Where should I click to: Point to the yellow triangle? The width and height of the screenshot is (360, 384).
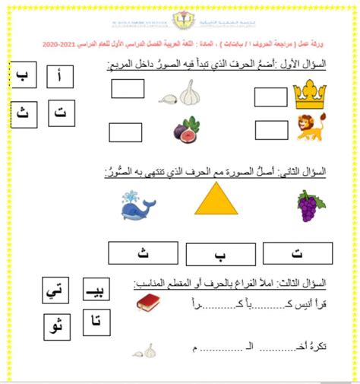(x=216, y=204)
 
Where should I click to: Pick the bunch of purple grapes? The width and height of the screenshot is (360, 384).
(x=307, y=205)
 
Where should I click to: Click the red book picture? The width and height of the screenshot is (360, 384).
(x=148, y=304)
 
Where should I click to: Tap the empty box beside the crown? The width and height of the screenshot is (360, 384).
(x=270, y=97)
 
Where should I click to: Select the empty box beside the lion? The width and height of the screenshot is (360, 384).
(x=270, y=131)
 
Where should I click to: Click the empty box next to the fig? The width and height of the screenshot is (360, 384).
(x=125, y=132)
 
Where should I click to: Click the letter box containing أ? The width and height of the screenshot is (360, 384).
(x=60, y=76)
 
